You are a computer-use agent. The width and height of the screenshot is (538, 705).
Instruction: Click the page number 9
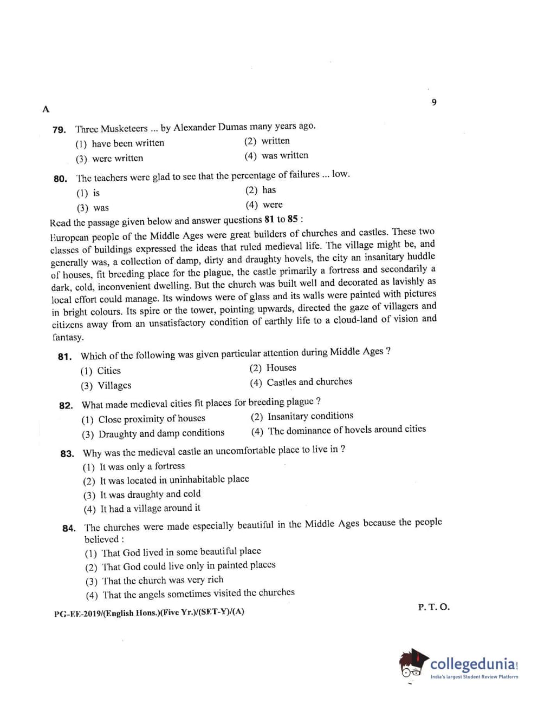434,102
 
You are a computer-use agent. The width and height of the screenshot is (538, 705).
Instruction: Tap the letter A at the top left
46,109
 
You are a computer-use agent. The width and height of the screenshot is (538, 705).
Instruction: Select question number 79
59,130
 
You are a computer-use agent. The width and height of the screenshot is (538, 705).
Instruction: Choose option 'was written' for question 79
284,156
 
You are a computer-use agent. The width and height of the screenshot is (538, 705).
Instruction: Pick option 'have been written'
127,143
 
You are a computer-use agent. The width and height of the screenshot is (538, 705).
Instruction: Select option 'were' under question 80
272,205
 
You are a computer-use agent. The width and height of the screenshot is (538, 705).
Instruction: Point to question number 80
60,179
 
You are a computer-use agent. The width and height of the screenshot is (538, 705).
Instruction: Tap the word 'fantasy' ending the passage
68,338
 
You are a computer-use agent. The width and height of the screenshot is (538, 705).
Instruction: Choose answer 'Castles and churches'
309,382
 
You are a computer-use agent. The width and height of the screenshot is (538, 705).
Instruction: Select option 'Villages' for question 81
114,386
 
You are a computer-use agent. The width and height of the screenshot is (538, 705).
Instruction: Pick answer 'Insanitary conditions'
310,416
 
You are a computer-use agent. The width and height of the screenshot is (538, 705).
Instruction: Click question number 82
66,406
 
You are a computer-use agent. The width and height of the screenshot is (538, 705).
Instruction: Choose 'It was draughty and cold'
150,494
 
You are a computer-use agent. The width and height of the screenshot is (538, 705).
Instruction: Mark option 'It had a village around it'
150,509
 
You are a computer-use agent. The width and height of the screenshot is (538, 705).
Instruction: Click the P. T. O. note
433,607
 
